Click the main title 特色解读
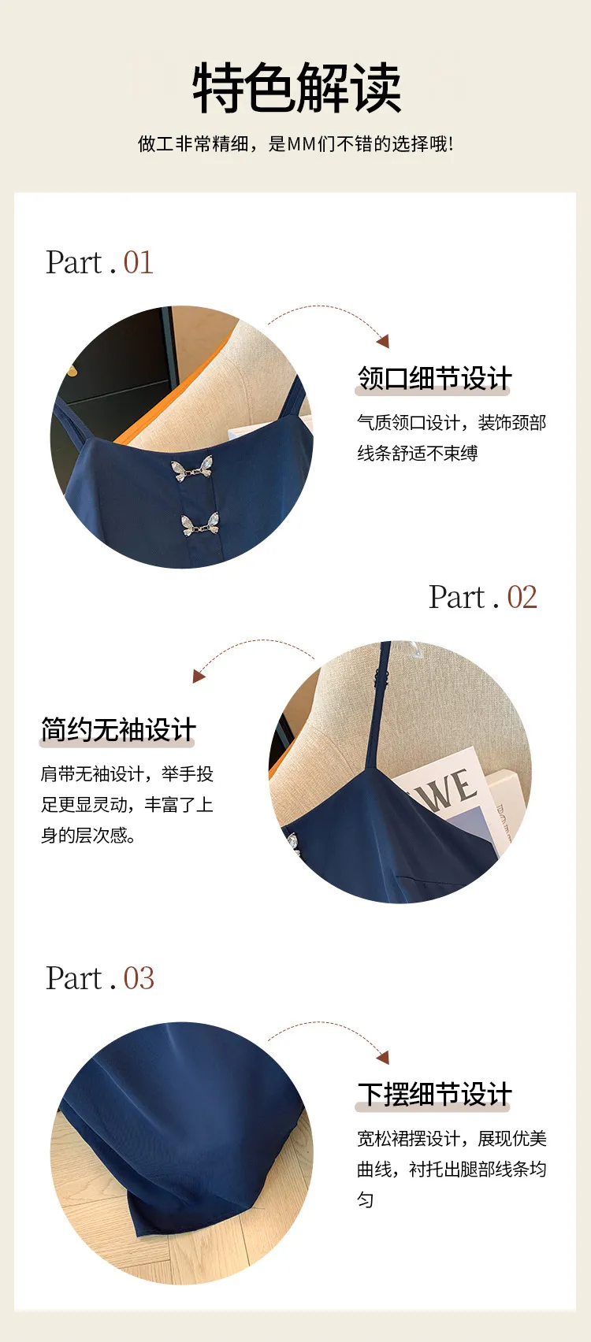pos(296,87)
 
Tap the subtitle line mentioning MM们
pos(295,144)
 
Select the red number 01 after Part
pos(139,262)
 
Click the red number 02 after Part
pos(522,597)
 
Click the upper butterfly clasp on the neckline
pos(191,469)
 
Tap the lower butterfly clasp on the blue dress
pos(199,525)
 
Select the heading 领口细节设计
pos(434,378)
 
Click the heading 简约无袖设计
pos(118,730)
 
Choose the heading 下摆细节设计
pos(434,1094)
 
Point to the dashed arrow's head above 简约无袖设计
pos(199,677)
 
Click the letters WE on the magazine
pos(448,788)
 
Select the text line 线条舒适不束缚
pos(418,453)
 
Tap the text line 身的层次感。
pos(88,835)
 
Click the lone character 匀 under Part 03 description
pos(366,1199)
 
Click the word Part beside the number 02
pos(457,597)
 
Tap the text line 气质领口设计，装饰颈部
pos(452,422)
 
